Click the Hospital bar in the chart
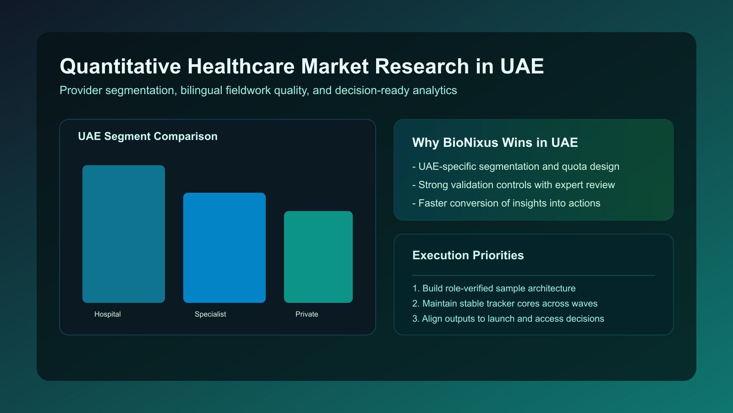[124, 234]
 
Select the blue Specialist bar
[224, 248]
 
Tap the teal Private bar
[318, 257]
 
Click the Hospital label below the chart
[108, 314]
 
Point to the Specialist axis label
[210, 314]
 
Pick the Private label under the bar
[306, 314]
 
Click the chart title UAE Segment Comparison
[148, 136]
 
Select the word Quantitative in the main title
[120, 67]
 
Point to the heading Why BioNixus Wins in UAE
[495, 143]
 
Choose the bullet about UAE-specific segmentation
[516, 167]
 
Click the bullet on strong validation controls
[514, 185]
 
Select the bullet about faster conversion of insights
[506, 203]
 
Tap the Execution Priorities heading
[468, 256]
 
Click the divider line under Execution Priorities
[534, 275]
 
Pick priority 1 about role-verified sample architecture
[494, 288]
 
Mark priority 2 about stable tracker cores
[505, 303]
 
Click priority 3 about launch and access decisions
[508, 318]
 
